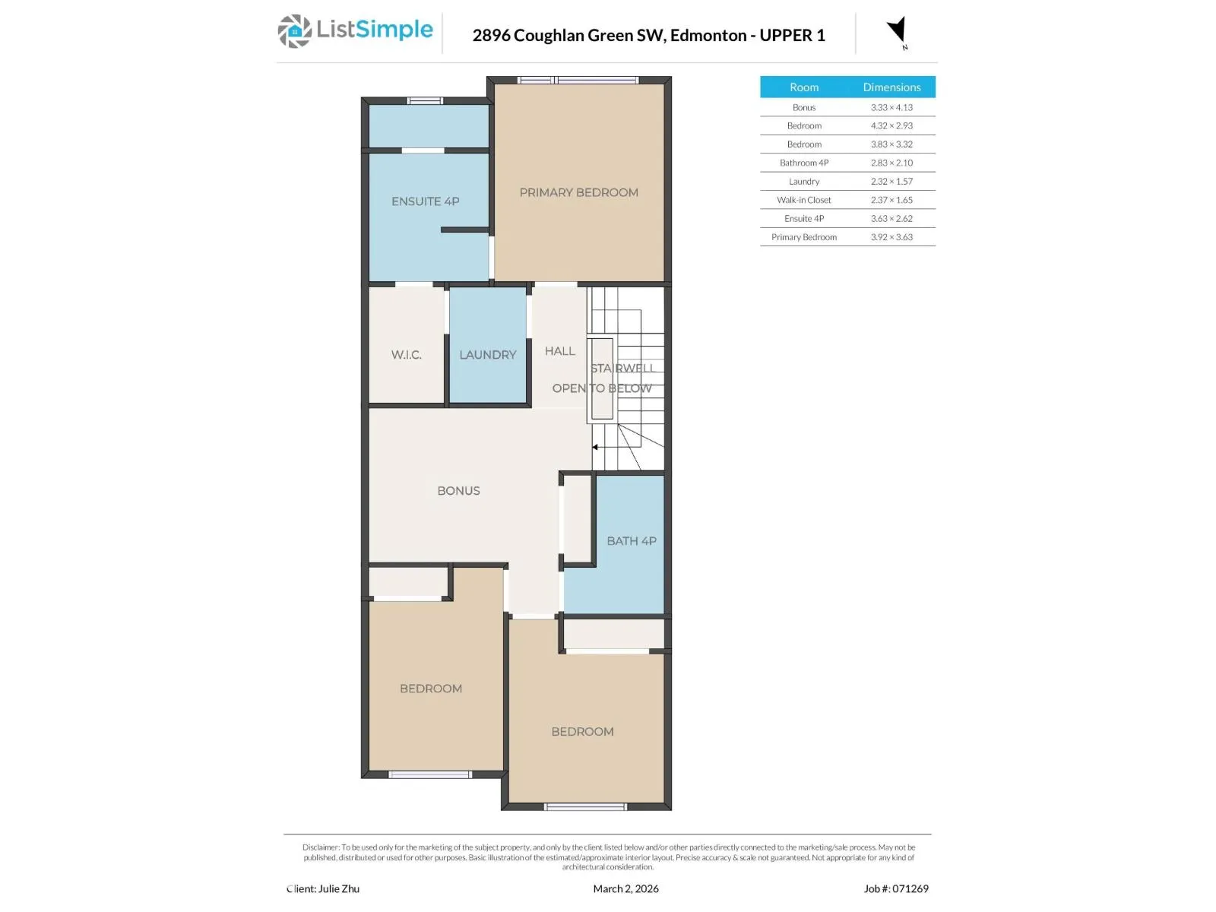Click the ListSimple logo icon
[x=294, y=31]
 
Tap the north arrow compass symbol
[x=897, y=31]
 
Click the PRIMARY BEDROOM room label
[x=578, y=192]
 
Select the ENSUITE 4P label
[x=425, y=201]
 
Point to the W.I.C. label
[x=406, y=354]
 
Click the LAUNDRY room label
[x=487, y=354]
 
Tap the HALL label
[x=559, y=350]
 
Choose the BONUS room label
[x=458, y=491]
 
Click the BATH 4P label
[x=631, y=540]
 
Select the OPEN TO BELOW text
[x=602, y=388]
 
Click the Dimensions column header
[x=891, y=87]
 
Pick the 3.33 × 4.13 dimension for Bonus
[x=891, y=107]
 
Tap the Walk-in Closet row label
[x=804, y=200]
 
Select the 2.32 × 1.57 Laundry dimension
[x=891, y=181]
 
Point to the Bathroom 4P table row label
[x=804, y=163]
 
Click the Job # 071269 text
[x=896, y=888]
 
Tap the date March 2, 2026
[x=625, y=888]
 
